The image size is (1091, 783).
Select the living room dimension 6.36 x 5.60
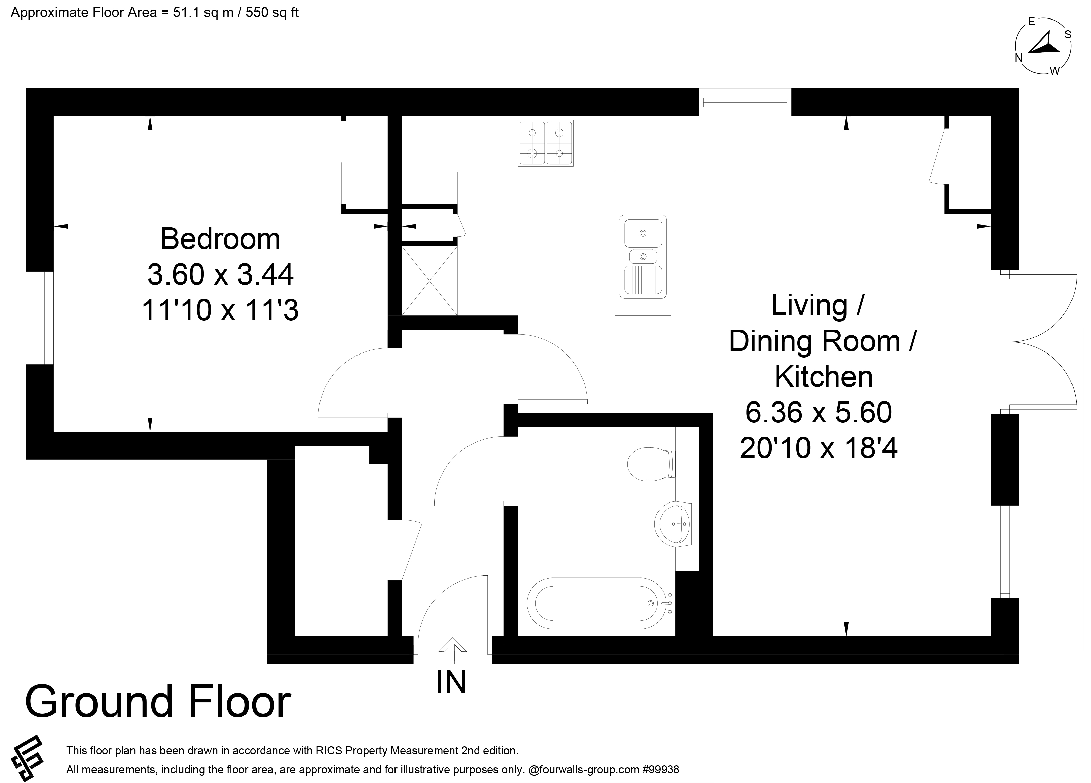coord(819,412)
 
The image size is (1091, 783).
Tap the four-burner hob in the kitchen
coord(545,143)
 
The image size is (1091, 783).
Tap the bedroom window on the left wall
coord(39,318)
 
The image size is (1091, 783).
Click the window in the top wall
coord(745,102)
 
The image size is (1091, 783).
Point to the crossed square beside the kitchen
coord(429,281)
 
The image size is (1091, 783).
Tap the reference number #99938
coord(661,770)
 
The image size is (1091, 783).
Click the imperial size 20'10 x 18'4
coord(819,448)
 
